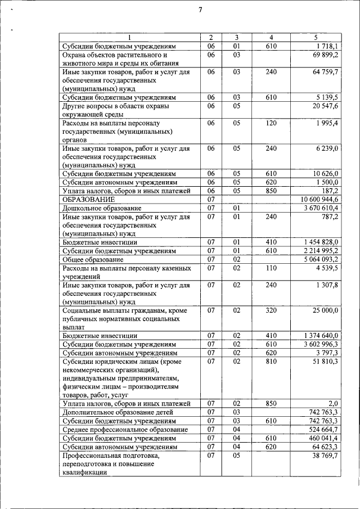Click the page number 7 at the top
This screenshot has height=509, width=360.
(x=200, y=9)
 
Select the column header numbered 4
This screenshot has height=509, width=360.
(x=271, y=37)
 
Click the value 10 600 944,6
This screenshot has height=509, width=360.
(x=319, y=199)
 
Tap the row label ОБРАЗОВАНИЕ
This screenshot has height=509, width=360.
(x=89, y=199)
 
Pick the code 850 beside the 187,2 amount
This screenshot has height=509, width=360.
(x=271, y=191)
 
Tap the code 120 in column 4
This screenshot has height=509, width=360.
(x=271, y=123)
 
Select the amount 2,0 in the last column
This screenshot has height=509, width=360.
(x=332, y=403)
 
